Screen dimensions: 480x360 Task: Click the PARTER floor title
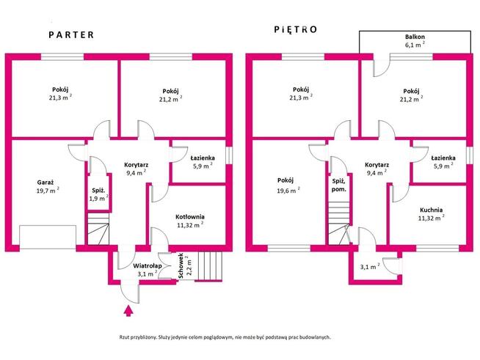coord(71,35)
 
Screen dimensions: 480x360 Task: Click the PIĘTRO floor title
coord(295,29)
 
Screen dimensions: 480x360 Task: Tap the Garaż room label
coord(46,183)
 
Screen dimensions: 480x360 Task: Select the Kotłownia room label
coord(190,217)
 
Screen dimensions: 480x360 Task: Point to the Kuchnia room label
coord(431,210)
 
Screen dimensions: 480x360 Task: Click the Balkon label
coord(415,37)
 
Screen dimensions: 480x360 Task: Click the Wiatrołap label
coord(148,266)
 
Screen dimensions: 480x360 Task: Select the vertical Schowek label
coord(181,265)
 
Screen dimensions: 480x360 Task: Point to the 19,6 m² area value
coord(288,191)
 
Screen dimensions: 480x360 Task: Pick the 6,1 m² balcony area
coord(415,45)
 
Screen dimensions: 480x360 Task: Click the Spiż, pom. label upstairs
coord(339,185)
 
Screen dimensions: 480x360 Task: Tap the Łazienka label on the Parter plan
coord(203,158)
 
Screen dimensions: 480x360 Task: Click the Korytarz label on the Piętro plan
coord(377,165)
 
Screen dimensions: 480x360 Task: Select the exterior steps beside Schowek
coord(210,266)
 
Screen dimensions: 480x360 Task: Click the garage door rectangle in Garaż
coord(48,237)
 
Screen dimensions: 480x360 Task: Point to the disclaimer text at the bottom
coord(225,337)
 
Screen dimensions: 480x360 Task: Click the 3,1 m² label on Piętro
coord(370,266)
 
